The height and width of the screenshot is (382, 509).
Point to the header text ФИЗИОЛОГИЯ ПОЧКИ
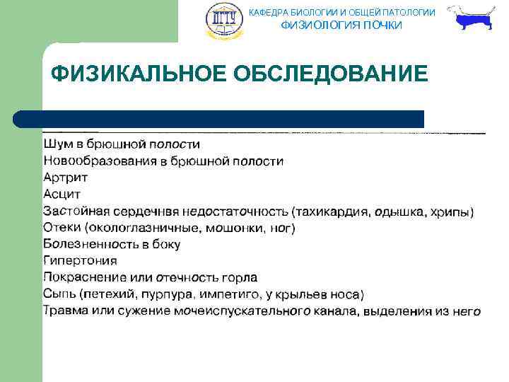(341, 25)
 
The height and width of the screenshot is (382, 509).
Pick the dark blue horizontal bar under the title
(219, 118)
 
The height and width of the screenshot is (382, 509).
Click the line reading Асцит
(62, 195)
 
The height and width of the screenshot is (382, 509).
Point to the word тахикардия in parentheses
(332, 212)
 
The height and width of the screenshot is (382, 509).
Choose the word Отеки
(62, 228)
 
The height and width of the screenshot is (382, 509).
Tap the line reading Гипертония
(80, 261)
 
